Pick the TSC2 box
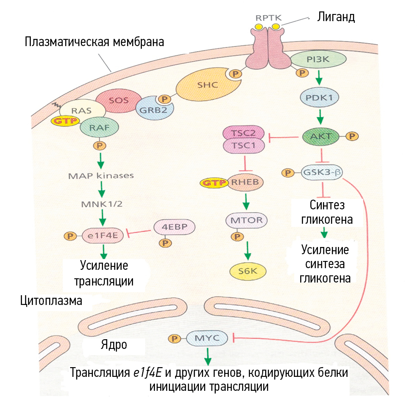[x=243, y=133]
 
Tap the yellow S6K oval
[x=248, y=272]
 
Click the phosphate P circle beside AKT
[x=351, y=136]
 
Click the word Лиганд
[x=336, y=17]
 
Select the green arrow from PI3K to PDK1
[x=320, y=77]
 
